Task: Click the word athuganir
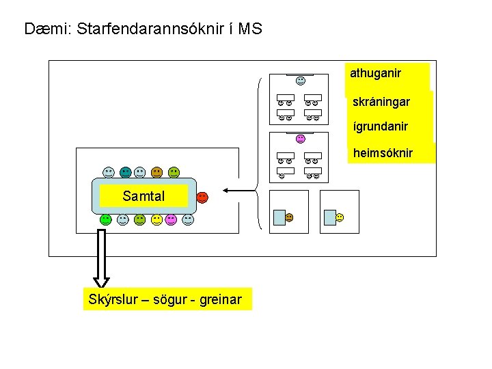[x=375, y=72]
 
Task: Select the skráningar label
[x=381, y=102]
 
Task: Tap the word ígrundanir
[x=380, y=126]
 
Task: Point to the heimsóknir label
[x=383, y=152]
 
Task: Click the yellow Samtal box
[x=143, y=196]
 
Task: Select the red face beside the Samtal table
[x=202, y=197]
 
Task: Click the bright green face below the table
[x=106, y=219]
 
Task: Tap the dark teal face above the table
[x=126, y=172]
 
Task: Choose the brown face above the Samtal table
[x=157, y=172]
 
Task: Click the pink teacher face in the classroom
[x=300, y=139]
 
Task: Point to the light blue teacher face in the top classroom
[x=301, y=81]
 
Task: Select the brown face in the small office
[x=289, y=217]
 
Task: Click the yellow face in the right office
[x=340, y=217]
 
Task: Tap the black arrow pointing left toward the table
[x=236, y=190]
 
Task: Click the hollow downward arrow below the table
[x=101, y=259]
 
